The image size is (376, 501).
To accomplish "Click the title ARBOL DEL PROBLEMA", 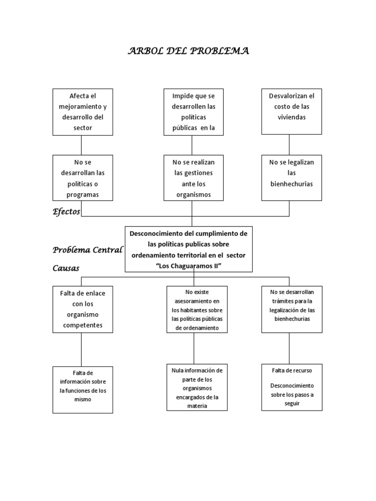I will click(x=189, y=51).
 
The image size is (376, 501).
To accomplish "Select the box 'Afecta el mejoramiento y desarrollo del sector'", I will click(x=83, y=112).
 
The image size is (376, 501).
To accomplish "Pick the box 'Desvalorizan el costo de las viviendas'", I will click(x=291, y=112).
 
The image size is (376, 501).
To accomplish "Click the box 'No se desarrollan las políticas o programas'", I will click(x=83, y=178).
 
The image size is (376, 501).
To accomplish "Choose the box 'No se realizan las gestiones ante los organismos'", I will click(x=191, y=178).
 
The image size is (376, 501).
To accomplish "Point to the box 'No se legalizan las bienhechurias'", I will click(x=291, y=178).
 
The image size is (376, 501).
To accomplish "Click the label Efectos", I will click(x=67, y=211).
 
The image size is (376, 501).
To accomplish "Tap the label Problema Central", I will click(x=88, y=250).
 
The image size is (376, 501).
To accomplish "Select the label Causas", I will click(x=66, y=268).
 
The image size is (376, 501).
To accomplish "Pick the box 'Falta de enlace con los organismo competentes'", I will click(x=83, y=309).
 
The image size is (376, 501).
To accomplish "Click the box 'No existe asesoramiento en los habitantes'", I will click(x=197, y=309).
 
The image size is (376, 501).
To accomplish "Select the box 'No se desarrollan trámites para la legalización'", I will click(x=292, y=309).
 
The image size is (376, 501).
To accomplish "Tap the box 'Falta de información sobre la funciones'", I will click(x=83, y=390).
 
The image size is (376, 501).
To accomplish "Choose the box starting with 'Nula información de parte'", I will click(x=197, y=387).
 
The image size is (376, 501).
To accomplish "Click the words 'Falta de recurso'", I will click(x=292, y=370).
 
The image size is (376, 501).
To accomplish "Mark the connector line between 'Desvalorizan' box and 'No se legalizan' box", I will click(x=289, y=145).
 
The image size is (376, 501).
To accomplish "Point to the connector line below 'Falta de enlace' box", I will click(x=81, y=349).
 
